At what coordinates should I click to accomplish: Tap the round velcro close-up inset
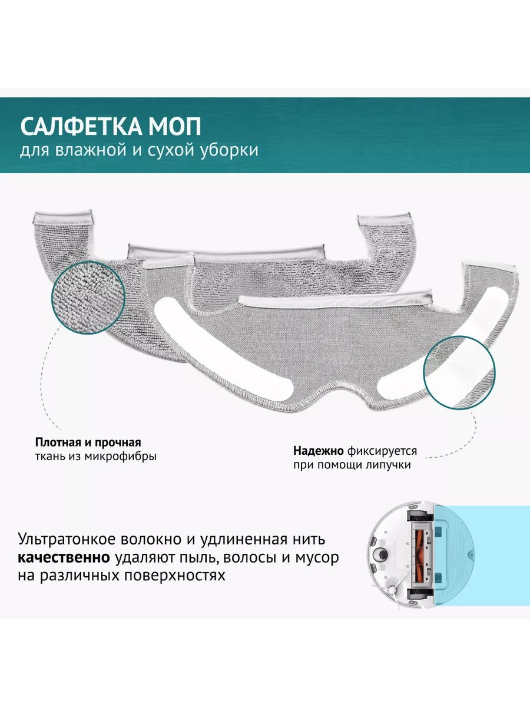459,372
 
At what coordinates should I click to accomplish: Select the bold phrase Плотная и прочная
88,442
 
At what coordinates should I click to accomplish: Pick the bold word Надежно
319,451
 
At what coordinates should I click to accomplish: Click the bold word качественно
64,557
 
